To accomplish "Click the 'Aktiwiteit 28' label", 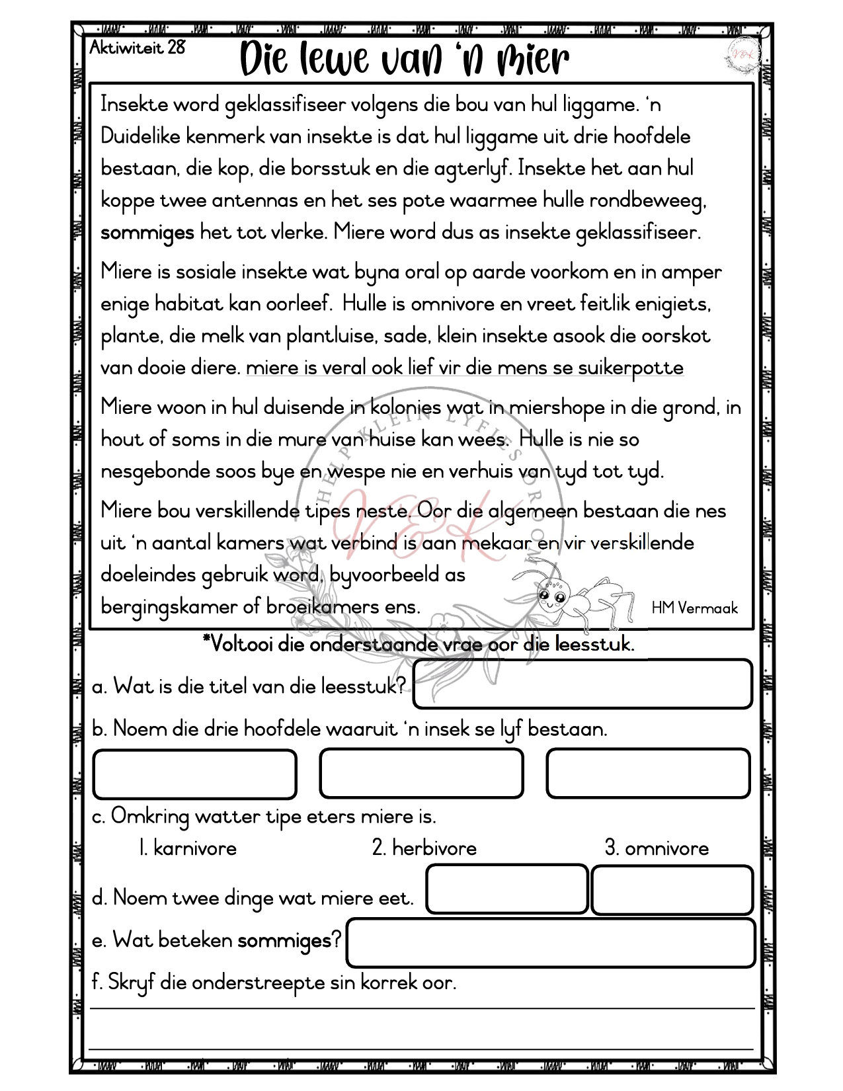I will pos(138,48).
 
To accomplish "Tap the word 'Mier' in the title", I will pos(532,60).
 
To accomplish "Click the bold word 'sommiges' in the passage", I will pos(147,233).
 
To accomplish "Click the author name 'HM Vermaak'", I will pos(694,608).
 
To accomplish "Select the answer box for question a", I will pos(582,684).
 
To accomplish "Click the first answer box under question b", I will pos(194,774).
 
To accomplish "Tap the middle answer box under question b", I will pos(421,773).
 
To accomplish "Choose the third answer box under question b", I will pos(648,773).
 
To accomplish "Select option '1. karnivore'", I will pos(188,848).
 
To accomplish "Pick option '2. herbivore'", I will pos(424,848).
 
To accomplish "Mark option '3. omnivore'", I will pos(657,848).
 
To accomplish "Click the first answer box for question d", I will pos(507,889).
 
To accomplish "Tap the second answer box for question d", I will pos(672,890).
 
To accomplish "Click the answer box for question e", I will pos(550,942).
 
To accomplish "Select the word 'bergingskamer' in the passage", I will pos(169,607).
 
